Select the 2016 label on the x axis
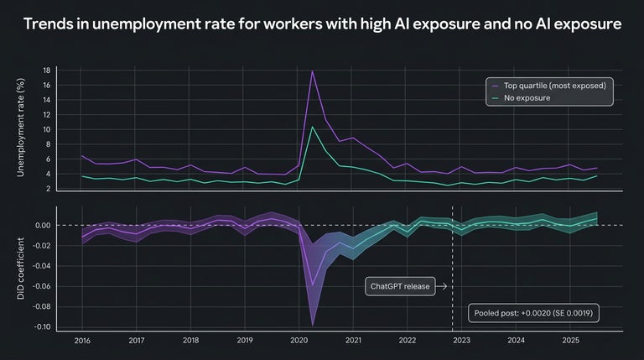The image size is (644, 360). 82,341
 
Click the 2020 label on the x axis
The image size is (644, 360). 299,341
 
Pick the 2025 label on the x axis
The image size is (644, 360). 569,341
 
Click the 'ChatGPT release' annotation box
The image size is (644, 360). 400,286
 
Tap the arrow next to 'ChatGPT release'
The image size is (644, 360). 442,286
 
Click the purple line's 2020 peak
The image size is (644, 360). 313,71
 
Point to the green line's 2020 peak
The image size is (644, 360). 313,127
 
